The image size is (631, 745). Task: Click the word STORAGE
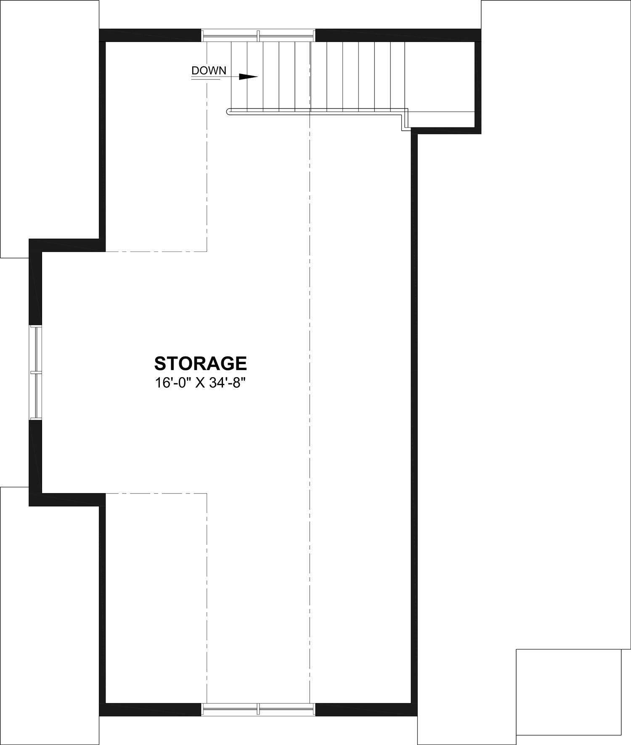click(200, 363)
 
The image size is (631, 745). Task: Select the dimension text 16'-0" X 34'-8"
click(200, 383)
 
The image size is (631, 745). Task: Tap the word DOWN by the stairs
click(209, 70)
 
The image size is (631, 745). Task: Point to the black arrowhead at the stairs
click(248, 77)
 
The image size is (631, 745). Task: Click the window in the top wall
click(258, 35)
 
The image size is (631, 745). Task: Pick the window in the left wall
click(36, 372)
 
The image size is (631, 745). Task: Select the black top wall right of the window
click(398, 35)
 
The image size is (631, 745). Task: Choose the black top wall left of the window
click(150, 35)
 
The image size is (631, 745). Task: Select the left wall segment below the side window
click(36, 462)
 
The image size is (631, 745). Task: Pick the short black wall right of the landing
click(478, 84)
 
